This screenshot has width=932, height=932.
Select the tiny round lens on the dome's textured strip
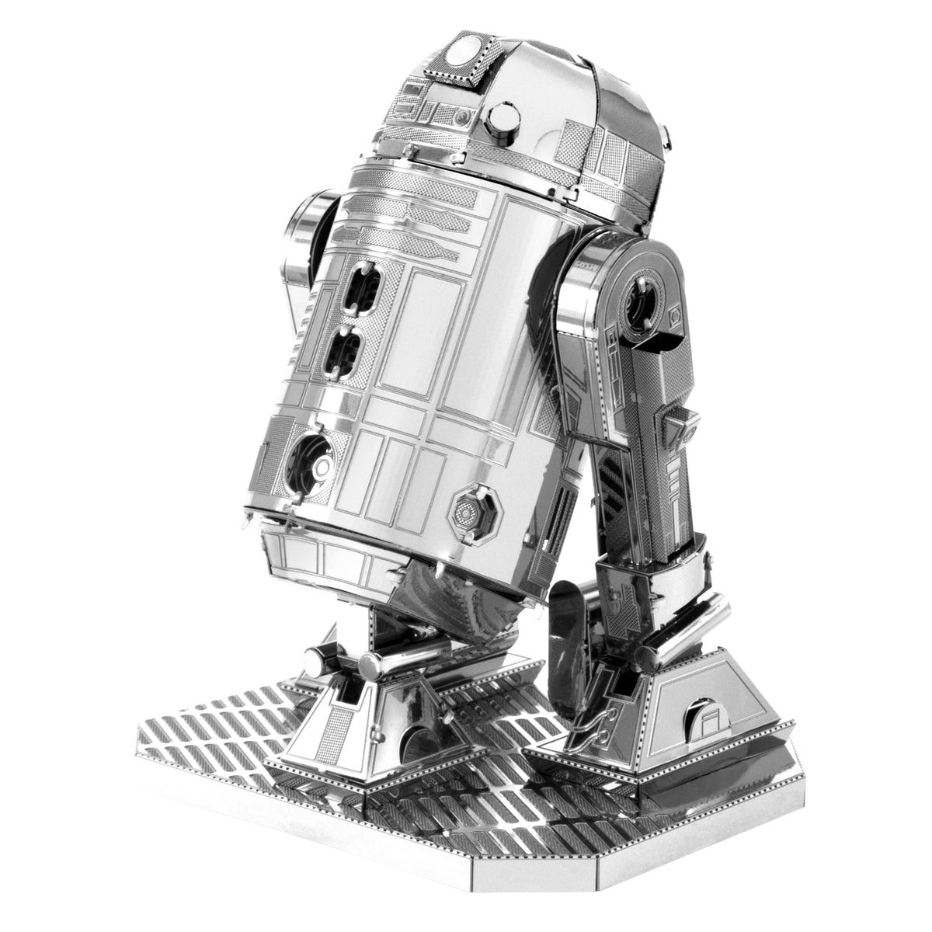click(463, 116)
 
